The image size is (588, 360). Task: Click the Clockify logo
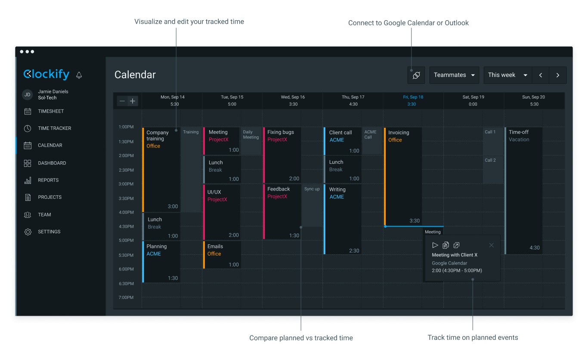[46, 74]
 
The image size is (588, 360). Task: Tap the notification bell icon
[79, 75]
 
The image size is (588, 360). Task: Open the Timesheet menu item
[50, 111]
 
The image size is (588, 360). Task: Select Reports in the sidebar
[48, 180]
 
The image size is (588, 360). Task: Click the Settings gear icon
[28, 232]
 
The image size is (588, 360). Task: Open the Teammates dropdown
[454, 75]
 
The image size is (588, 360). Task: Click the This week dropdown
[508, 75]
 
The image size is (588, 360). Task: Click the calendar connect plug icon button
[416, 75]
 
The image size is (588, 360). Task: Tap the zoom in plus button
[133, 101]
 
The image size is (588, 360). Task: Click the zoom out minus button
[122, 101]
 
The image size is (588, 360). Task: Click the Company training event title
[158, 135]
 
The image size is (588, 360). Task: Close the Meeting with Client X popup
[492, 245]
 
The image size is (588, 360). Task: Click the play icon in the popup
[435, 245]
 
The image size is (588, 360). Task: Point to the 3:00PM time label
[126, 184]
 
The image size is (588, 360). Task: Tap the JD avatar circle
[28, 95]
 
